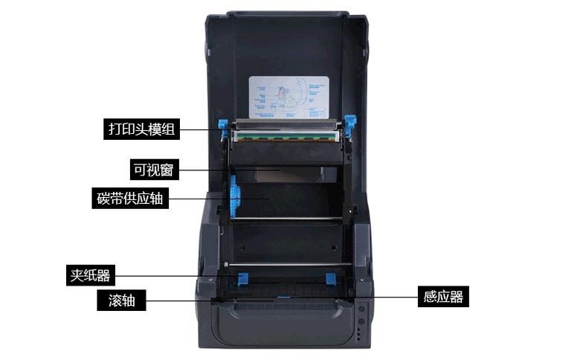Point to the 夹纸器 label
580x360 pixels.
(x=89, y=276)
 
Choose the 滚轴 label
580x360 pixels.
(x=122, y=300)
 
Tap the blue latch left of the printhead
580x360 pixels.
(x=221, y=126)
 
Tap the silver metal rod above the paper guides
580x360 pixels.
(x=287, y=264)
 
